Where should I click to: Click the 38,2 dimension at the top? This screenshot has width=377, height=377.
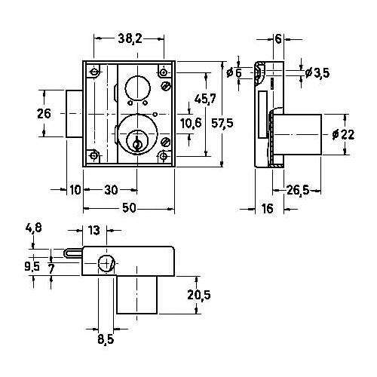pyautogui.click(x=130, y=39)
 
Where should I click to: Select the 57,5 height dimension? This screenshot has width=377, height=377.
pyautogui.click(x=222, y=123)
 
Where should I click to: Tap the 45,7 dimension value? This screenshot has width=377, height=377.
pyautogui.click(x=205, y=99)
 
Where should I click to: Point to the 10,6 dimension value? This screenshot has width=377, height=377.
pyautogui.click(x=191, y=123)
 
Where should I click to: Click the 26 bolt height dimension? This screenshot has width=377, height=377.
pyautogui.click(x=44, y=114)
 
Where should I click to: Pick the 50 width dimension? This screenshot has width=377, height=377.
pyautogui.click(x=129, y=208)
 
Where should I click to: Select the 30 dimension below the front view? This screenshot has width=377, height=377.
pyautogui.click(x=111, y=190)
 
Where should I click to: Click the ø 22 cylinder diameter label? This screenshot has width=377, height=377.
pyautogui.click(x=343, y=134)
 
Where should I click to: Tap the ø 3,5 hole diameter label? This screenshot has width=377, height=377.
pyautogui.click(x=317, y=73)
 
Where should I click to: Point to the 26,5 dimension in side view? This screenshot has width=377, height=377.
pyautogui.click(x=298, y=190)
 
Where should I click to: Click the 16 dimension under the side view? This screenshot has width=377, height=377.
pyautogui.click(x=267, y=208)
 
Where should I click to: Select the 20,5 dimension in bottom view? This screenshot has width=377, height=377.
pyautogui.click(x=199, y=295)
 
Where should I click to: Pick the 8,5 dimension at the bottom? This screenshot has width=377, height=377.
pyautogui.click(x=106, y=339)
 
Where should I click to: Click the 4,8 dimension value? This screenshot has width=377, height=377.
pyautogui.click(x=34, y=228)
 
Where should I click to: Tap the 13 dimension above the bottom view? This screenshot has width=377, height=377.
pyautogui.click(x=94, y=231)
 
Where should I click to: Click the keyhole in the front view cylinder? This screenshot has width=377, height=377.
pyautogui.click(x=137, y=143)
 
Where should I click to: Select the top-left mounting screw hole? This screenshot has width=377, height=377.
pyautogui.click(x=94, y=72)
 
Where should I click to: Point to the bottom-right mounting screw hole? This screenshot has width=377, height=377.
pyautogui.click(x=164, y=156)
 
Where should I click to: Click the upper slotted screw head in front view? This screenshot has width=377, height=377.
pyautogui.click(x=166, y=86)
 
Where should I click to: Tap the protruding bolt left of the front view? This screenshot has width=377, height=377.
pyautogui.click(x=75, y=114)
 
